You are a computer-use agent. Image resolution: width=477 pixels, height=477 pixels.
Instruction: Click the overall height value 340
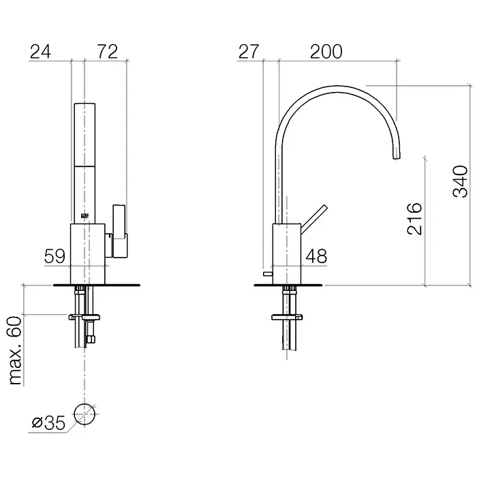[x=461, y=181]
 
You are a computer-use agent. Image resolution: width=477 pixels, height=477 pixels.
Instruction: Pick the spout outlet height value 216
[x=414, y=219]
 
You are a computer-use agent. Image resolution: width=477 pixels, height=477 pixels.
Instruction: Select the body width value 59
[x=55, y=256]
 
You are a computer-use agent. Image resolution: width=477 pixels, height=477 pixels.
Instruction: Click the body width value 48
[x=316, y=256]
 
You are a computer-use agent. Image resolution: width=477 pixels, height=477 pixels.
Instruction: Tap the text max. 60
[x=15, y=350]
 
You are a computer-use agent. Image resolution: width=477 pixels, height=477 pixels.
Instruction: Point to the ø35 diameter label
[x=48, y=423]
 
